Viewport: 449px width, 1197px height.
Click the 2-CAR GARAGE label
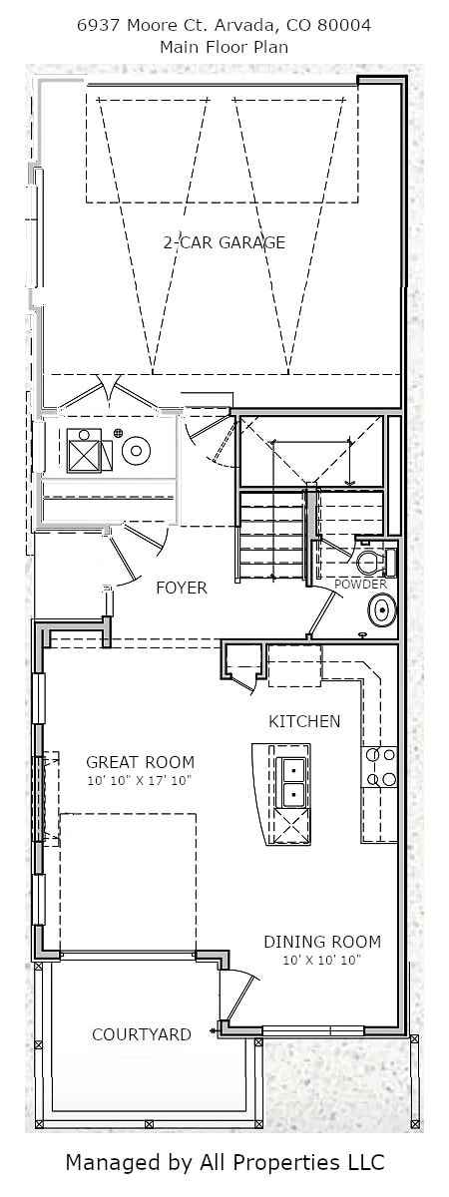point(224,242)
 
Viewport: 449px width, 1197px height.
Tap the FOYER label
point(182,588)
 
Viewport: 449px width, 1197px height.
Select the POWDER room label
point(360,585)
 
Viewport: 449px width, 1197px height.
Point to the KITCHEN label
point(304,721)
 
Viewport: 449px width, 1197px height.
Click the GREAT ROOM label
point(140,762)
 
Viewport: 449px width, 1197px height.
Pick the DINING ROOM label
point(322,957)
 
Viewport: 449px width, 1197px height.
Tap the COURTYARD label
point(142,1034)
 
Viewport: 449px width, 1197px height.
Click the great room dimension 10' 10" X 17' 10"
point(140,781)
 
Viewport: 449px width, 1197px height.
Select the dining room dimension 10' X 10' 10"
point(322,976)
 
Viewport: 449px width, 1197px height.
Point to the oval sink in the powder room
point(382,610)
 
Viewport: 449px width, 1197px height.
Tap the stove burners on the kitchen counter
point(379,767)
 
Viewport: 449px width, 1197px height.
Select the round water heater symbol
point(136,452)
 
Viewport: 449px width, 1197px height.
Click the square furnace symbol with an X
point(85,451)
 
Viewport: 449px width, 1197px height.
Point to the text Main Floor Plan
point(224,47)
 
